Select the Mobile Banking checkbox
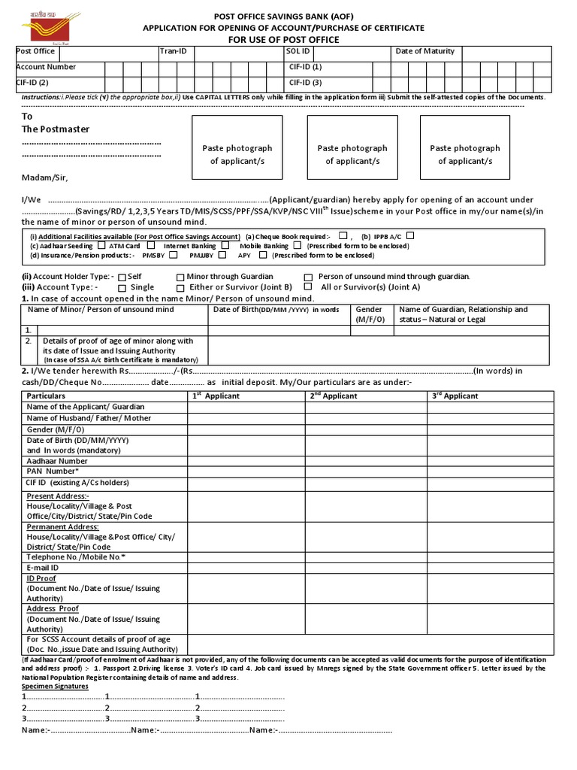tap(298, 245)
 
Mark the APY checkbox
tap(262, 255)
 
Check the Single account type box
tap(122, 287)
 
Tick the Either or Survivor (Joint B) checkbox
tap(180, 287)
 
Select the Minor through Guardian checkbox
tap(180, 277)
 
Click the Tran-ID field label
tap(173, 51)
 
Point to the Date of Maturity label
tap(424, 51)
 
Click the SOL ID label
tap(298, 51)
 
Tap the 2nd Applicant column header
tap(334, 396)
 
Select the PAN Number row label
tap(53, 471)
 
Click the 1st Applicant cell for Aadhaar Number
tap(246, 460)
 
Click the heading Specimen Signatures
tap(54, 687)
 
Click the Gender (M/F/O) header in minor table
tap(369, 314)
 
